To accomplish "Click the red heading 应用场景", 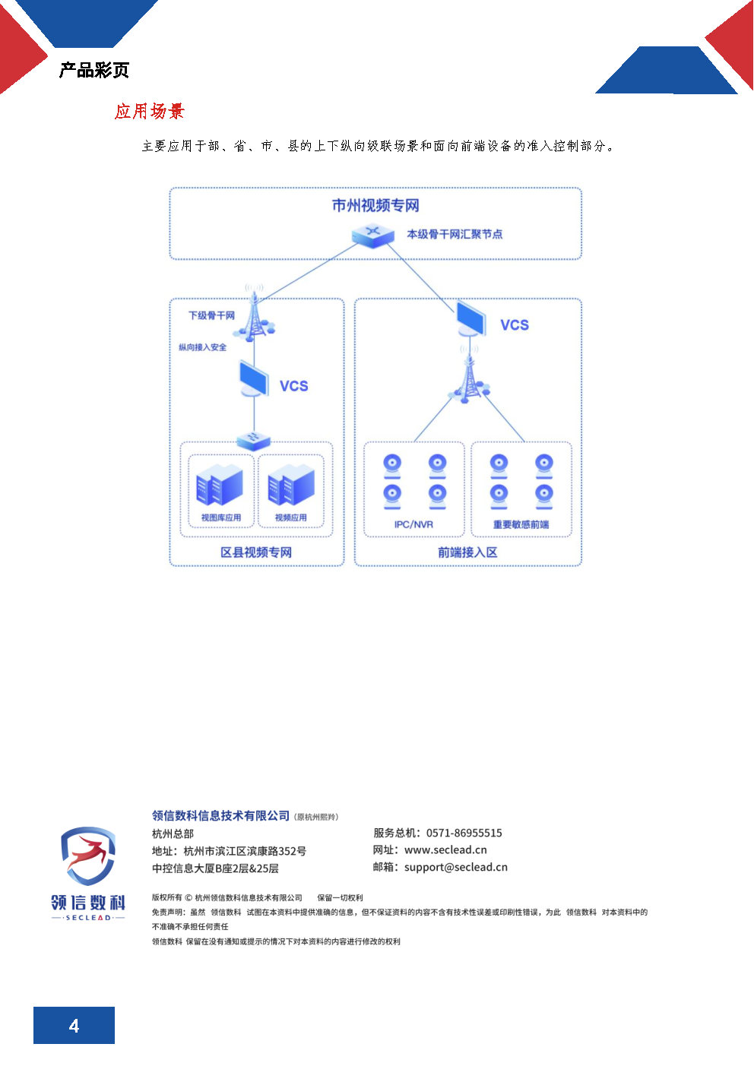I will click(150, 112).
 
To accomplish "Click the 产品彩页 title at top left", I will click(94, 71).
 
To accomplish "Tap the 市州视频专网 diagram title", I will click(375, 205).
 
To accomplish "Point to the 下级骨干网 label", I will click(211, 315).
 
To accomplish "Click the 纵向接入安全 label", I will click(203, 347).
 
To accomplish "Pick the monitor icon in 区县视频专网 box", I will click(253, 378).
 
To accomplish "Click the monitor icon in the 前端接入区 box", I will click(471, 318).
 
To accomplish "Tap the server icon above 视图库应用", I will click(220, 485).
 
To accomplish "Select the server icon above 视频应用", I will click(291, 485).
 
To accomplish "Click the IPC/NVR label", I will click(413, 524).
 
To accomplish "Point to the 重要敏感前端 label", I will click(521, 524).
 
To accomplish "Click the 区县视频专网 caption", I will click(256, 552).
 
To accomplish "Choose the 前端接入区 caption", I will click(467, 552).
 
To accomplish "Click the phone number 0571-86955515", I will click(464, 833).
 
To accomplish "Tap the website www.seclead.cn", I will click(445, 850).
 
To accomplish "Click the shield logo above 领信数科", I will click(88, 856).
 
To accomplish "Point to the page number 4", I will click(74, 1026).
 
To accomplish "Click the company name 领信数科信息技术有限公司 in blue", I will click(220, 816).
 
